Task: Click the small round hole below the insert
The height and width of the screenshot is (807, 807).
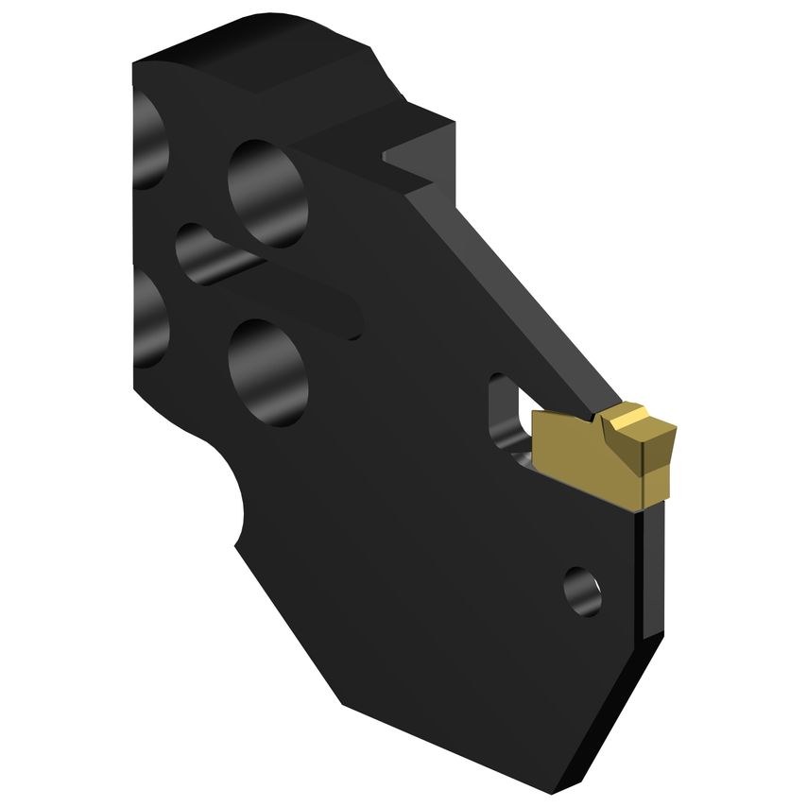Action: pyautogui.click(x=582, y=591)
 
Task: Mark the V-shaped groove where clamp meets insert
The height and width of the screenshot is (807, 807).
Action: pyautogui.click(x=592, y=416)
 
